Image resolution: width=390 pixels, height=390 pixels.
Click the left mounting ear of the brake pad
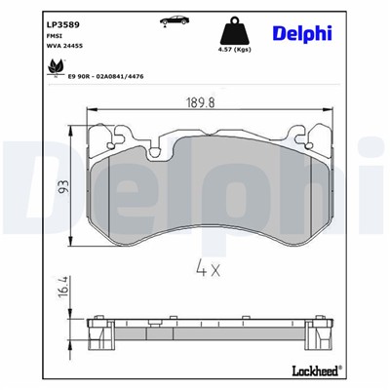98,139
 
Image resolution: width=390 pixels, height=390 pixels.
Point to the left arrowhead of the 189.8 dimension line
91,111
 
